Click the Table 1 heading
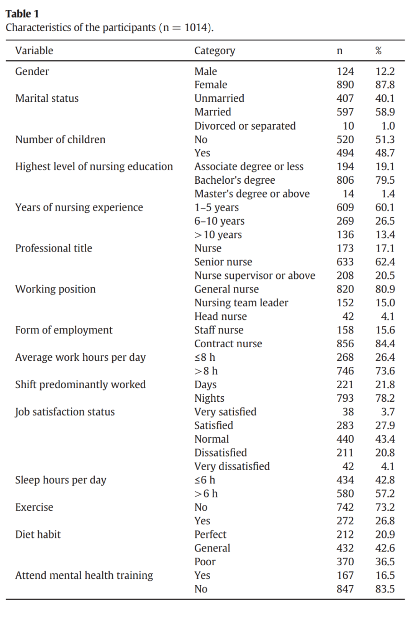(22, 14)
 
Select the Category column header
(214, 51)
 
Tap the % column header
(378, 51)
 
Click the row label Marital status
(47, 98)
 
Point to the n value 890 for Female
(345, 85)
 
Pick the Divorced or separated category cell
(245, 126)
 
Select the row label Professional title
(54, 248)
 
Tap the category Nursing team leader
(241, 303)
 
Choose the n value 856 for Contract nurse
(345, 344)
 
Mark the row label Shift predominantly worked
(80, 384)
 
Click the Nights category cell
(209, 398)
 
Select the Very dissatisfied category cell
(232, 466)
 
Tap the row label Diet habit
(38, 535)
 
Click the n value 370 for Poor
(345, 562)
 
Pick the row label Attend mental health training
(84, 576)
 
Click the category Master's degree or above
(252, 194)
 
